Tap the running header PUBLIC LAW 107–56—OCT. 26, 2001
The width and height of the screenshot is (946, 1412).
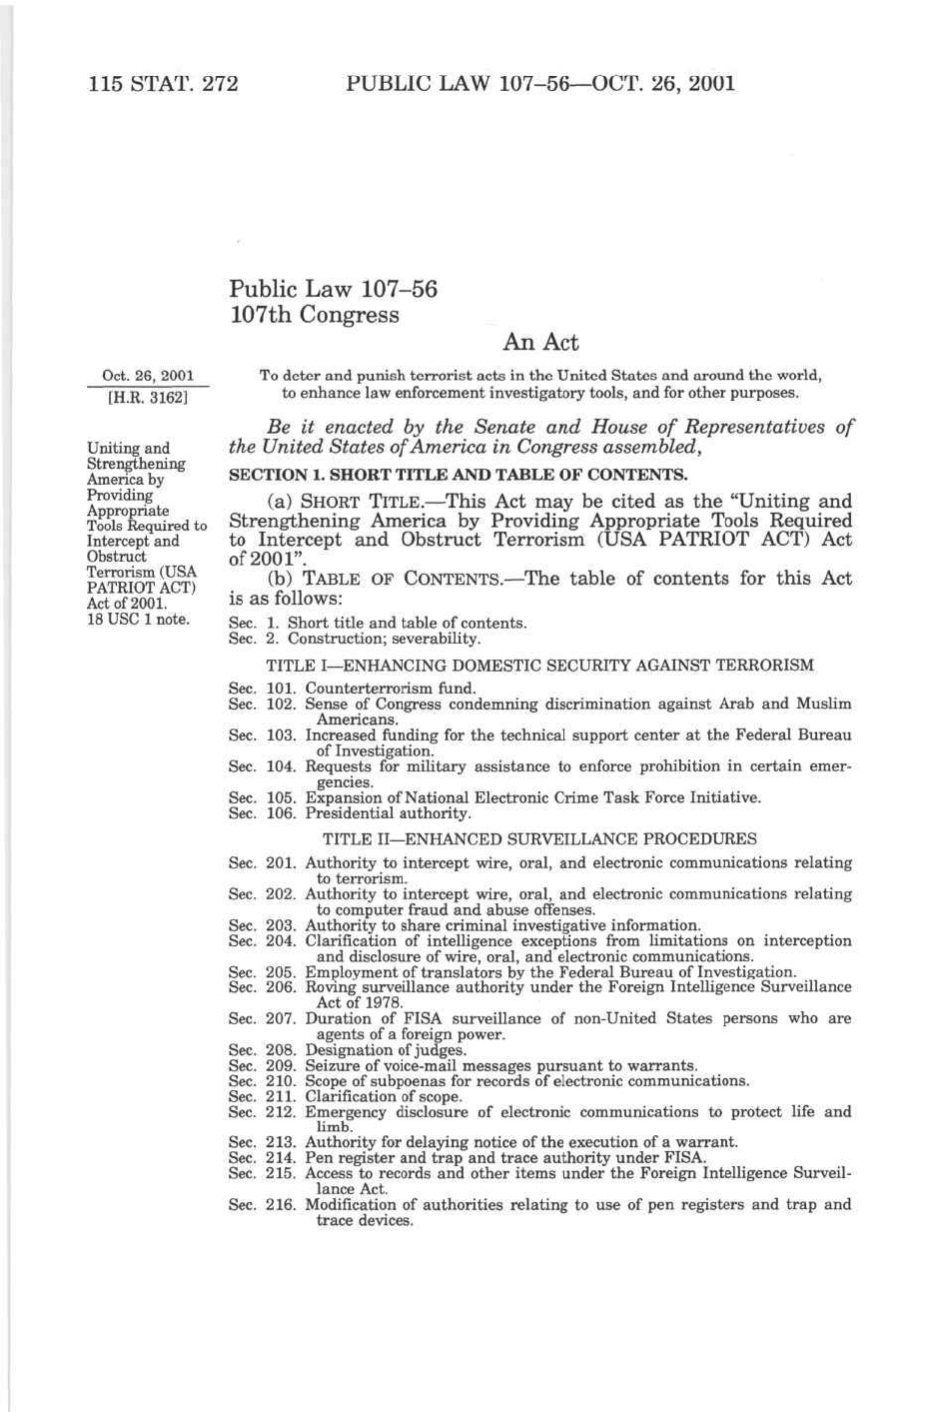tap(539, 83)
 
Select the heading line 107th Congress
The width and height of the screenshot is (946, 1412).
tap(314, 315)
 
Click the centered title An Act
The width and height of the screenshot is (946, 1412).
tap(540, 343)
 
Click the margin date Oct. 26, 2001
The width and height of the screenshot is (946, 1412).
tap(148, 376)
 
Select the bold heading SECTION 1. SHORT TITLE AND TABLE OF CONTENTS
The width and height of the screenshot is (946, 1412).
tap(458, 475)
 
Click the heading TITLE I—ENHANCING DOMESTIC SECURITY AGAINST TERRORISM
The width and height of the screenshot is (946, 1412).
tap(539, 665)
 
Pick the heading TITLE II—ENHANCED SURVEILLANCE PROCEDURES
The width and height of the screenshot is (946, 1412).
tap(539, 839)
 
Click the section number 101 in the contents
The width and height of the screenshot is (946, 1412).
tap(282, 689)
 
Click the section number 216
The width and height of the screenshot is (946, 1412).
tap(282, 1205)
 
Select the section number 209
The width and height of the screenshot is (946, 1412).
tap(282, 1065)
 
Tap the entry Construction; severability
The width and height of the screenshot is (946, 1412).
tap(384, 639)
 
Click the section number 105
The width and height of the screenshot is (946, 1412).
tap(282, 797)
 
